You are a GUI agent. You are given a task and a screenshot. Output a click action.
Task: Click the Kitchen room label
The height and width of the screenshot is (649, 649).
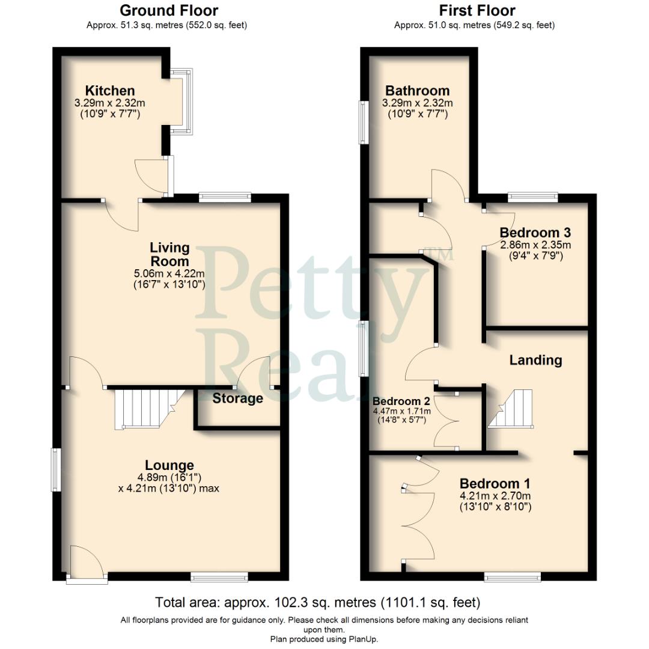coord(110,91)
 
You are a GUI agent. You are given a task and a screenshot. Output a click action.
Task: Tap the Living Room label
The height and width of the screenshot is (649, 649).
coord(169,254)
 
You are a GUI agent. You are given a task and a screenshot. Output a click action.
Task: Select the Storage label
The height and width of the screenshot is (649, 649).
coord(237,398)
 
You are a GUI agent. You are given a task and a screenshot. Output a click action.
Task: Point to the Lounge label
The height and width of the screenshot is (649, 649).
coord(169,465)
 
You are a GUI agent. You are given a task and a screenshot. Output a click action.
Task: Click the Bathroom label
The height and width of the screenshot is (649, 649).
coord(417,91)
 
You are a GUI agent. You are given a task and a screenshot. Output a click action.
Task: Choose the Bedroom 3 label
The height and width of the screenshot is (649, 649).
coord(535,233)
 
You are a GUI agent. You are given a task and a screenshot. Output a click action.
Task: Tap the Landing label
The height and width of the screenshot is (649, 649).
coord(535,360)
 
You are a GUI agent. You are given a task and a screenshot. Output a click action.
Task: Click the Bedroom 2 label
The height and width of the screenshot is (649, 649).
coord(400,401)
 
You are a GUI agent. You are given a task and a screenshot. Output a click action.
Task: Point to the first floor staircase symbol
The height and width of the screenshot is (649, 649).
coord(511,409)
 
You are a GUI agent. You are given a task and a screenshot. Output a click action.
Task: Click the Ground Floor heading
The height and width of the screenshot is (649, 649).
coord(169,10)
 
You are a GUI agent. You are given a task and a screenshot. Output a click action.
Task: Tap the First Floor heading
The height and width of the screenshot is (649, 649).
coord(477,10)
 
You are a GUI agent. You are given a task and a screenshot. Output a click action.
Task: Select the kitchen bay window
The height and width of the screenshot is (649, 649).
coord(181,101)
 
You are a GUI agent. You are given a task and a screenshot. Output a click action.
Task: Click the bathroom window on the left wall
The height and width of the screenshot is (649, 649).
coord(364,122)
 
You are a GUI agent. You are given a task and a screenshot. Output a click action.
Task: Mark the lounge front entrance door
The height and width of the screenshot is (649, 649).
coord(87,565)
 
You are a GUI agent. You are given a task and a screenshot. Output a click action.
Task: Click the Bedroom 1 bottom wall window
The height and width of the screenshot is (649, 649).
coord(513,577)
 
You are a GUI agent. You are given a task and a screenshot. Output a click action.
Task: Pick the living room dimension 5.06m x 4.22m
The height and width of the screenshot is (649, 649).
coord(169,274)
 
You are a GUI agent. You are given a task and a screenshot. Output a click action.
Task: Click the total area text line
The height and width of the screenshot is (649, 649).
coord(318,602)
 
